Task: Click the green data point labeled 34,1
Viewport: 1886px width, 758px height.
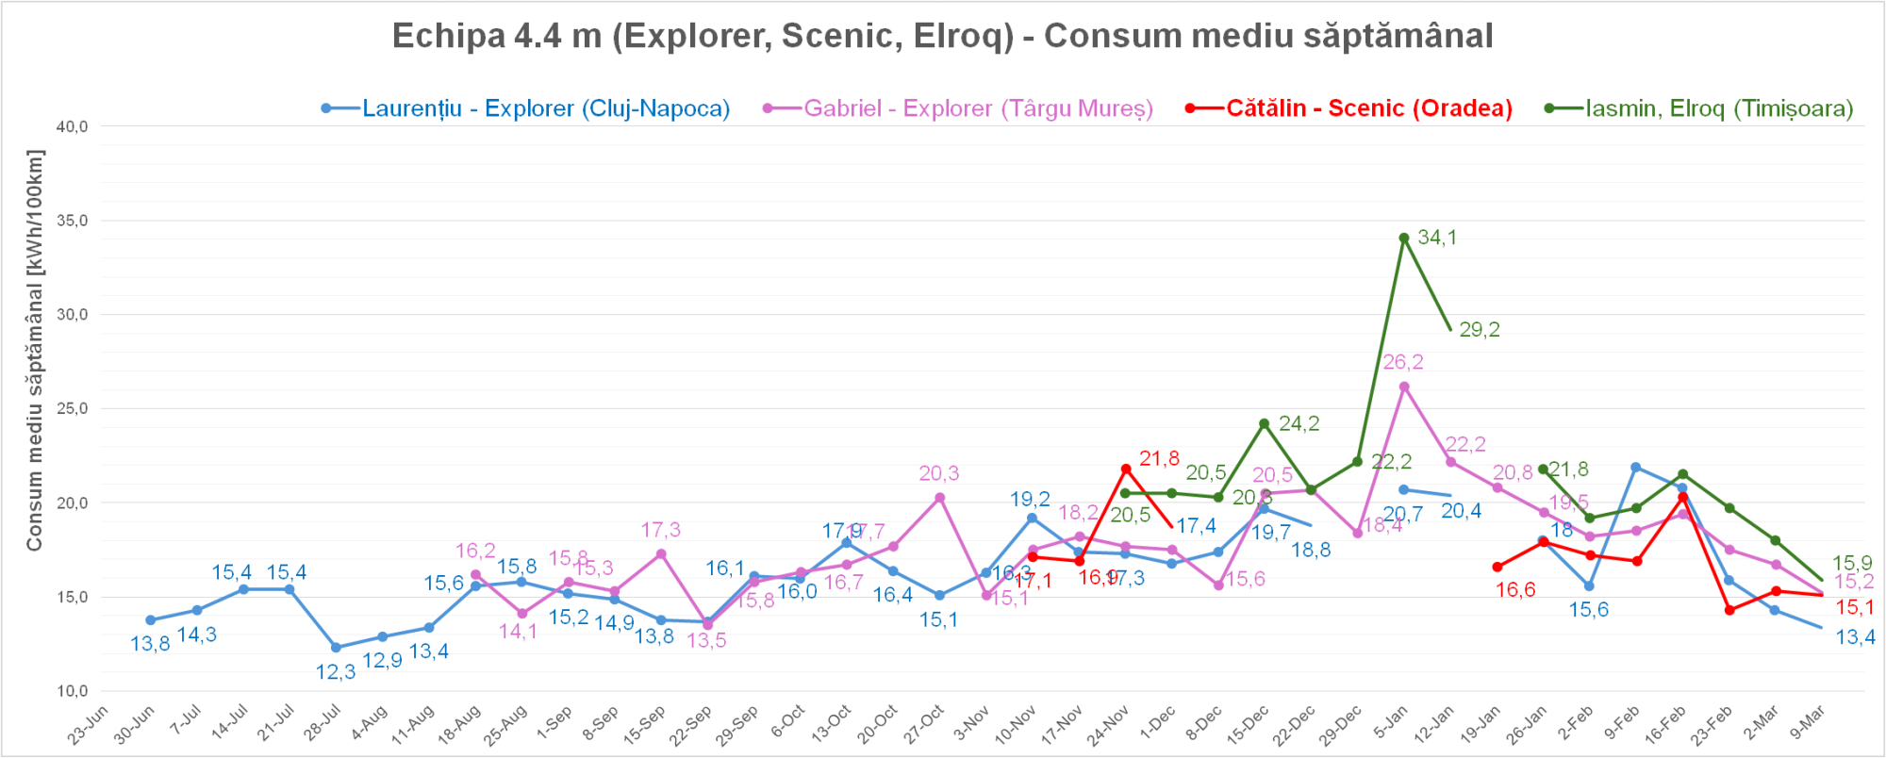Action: click(x=1404, y=239)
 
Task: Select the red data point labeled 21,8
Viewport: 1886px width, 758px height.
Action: click(x=1126, y=469)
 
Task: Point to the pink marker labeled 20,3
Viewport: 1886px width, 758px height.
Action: click(x=939, y=498)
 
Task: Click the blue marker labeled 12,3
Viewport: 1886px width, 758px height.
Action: click(x=336, y=648)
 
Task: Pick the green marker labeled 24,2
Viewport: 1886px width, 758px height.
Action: click(x=1265, y=423)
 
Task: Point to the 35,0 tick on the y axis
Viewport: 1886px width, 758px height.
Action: click(x=73, y=221)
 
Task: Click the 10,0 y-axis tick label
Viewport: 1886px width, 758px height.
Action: click(x=73, y=691)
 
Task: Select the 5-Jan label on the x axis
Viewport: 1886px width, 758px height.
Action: click(x=1390, y=724)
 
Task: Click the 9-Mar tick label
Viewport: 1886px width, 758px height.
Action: click(x=1808, y=724)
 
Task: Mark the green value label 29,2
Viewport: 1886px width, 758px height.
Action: click(x=1479, y=330)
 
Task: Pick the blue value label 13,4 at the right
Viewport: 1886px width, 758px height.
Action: click(x=1855, y=637)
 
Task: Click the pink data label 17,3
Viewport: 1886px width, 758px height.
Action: click(x=660, y=531)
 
